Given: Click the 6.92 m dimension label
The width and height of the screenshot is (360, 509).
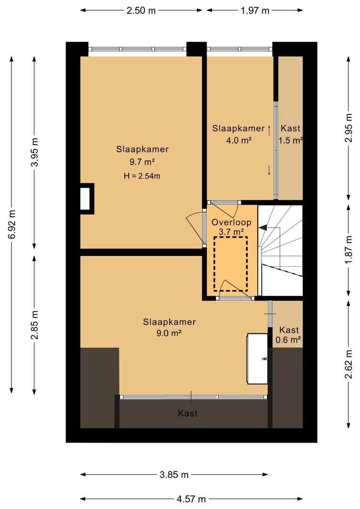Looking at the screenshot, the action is (x=12, y=224).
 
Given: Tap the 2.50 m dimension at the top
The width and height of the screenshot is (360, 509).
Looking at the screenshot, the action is (x=141, y=10).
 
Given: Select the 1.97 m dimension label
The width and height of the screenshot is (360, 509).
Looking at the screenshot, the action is (x=255, y=10).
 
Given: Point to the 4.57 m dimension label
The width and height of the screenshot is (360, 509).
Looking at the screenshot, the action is (x=191, y=499).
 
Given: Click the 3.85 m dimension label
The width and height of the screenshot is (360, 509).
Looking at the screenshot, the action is (x=174, y=475).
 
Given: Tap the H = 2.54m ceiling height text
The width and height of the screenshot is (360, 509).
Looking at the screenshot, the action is (x=142, y=176).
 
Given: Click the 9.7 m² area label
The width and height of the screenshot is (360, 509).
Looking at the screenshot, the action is (x=142, y=162).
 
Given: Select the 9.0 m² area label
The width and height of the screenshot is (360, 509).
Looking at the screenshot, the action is (x=169, y=333).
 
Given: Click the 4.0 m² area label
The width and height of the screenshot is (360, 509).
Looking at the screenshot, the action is (x=239, y=140).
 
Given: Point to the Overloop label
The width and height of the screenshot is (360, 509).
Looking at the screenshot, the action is (x=231, y=222).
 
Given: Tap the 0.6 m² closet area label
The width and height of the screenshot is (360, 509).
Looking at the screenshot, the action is (x=288, y=340).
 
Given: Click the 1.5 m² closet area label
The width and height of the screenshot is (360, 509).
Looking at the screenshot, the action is (x=291, y=140).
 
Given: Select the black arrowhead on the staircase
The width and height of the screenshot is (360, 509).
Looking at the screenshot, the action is (x=263, y=228).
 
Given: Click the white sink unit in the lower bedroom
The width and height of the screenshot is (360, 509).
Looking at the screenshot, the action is (x=257, y=359).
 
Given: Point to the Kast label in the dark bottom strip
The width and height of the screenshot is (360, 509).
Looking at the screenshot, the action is (x=188, y=413).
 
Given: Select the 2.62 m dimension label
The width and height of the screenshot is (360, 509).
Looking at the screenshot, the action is (x=348, y=364).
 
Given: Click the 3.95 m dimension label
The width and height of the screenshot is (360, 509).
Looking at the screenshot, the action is (x=35, y=152).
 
